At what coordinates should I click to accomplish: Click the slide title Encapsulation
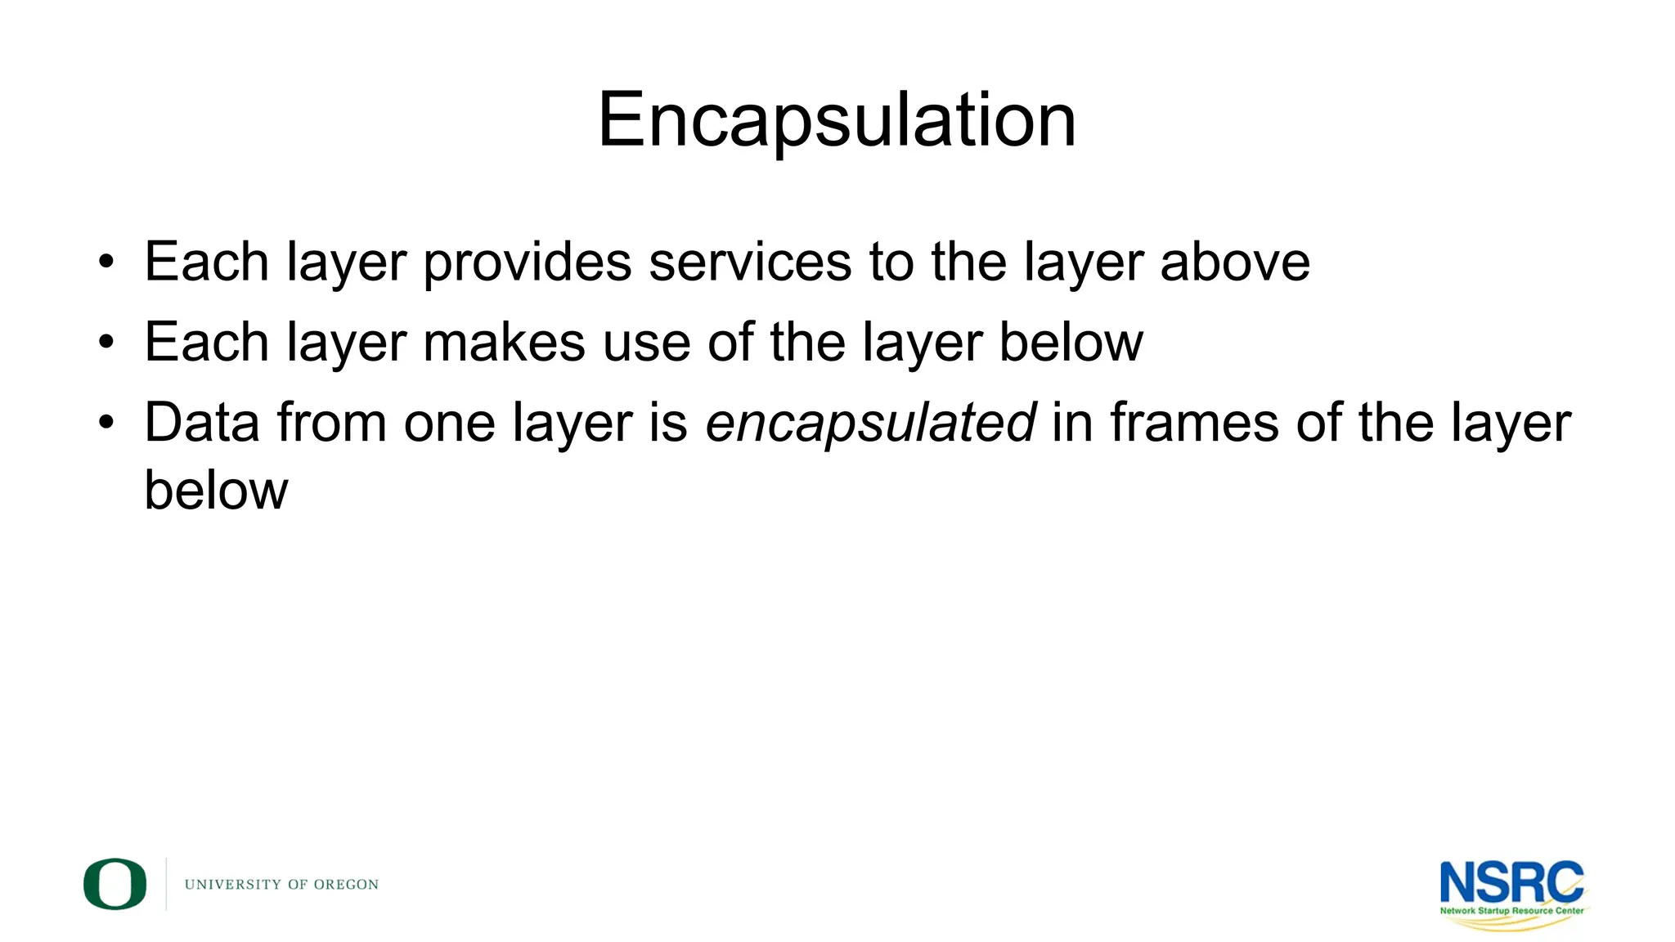tap(837, 120)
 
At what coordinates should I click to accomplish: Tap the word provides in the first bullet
tap(528, 263)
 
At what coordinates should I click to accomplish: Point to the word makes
tap(504, 342)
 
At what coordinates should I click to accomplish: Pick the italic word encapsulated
tap(871, 424)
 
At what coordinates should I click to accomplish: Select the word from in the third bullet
tap(331, 423)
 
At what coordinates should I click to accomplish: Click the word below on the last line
tap(216, 490)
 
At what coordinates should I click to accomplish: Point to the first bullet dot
tap(106, 262)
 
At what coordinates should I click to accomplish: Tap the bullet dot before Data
tap(106, 423)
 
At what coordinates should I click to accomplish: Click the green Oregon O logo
tap(115, 884)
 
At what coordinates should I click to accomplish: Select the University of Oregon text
tap(281, 885)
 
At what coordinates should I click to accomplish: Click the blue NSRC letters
tap(1511, 881)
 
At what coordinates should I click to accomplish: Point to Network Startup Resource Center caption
tap(1511, 910)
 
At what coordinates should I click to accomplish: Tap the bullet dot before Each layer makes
tap(106, 343)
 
